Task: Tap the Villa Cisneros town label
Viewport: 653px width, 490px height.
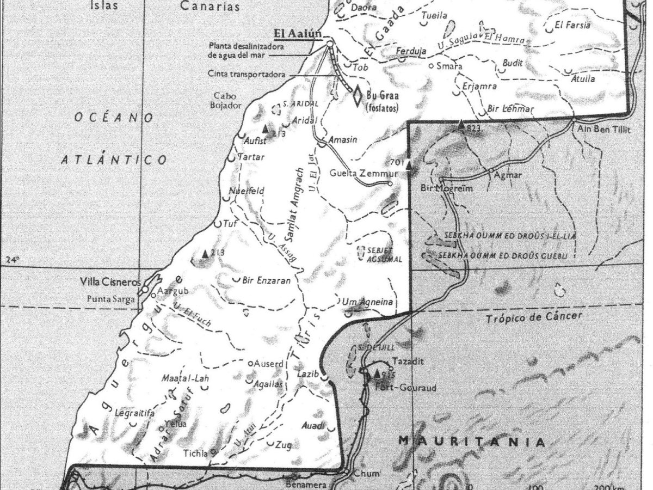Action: [110, 283]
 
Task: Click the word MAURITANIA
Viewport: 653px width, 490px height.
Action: [471, 442]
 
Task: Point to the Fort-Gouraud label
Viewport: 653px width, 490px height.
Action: [399, 388]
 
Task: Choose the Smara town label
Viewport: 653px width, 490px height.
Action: [453, 67]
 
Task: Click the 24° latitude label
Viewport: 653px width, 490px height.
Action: [11, 260]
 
